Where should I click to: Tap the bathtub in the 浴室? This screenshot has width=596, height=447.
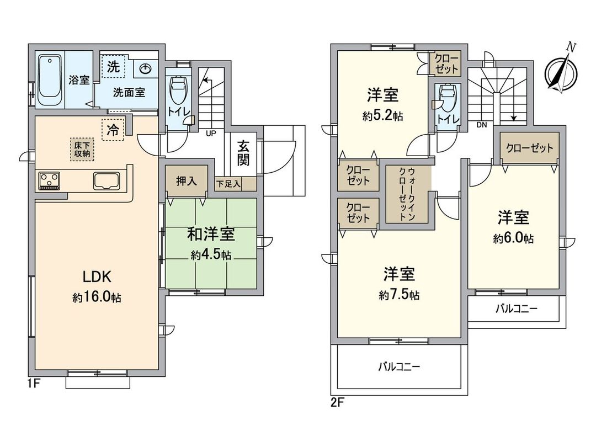coord(50,81)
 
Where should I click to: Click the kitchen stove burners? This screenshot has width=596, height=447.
coord(49,180)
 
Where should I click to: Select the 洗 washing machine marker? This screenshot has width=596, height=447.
coord(113,67)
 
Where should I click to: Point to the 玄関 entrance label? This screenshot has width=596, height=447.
coord(243,153)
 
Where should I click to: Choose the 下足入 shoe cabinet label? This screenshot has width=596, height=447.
coord(228,184)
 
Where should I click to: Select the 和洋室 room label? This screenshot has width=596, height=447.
coord(211,235)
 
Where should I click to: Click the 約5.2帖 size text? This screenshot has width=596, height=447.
coord(382,116)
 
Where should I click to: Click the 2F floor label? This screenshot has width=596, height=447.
coord(337,402)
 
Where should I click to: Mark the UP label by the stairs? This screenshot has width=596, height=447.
coord(211,134)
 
